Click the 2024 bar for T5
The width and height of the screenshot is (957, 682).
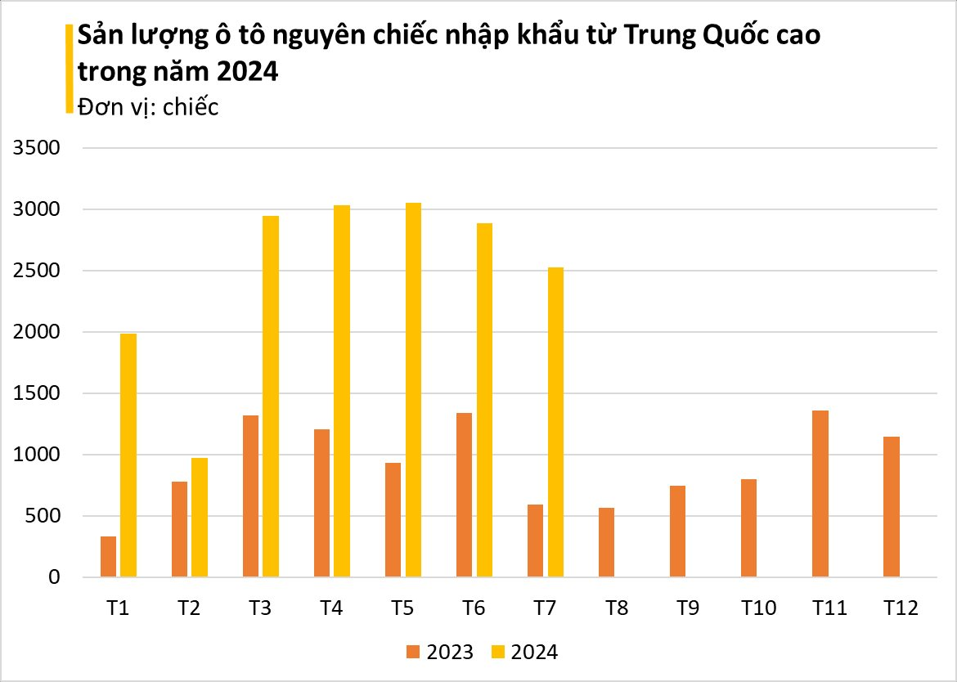tap(413, 390)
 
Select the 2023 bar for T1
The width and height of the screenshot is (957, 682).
tap(108, 557)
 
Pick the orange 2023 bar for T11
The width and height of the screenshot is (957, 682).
tap(820, 494)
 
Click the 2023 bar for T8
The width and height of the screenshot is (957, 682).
tap(606, 542)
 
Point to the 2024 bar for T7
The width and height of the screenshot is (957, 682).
tap(555, 422)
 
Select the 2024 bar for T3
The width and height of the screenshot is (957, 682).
tap(271, 397)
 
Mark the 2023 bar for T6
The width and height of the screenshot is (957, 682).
tap(464, 495)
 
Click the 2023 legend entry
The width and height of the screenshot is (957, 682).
tap(440, 652)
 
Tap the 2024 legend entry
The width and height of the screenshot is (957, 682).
tap(525, 652)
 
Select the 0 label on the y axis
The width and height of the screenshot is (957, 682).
tap(55, 578)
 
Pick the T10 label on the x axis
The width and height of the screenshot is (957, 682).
tap(758, 608)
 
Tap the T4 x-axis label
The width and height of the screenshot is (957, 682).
tap(331, 608)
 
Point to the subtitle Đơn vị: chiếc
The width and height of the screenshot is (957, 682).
tap(148, 107)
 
